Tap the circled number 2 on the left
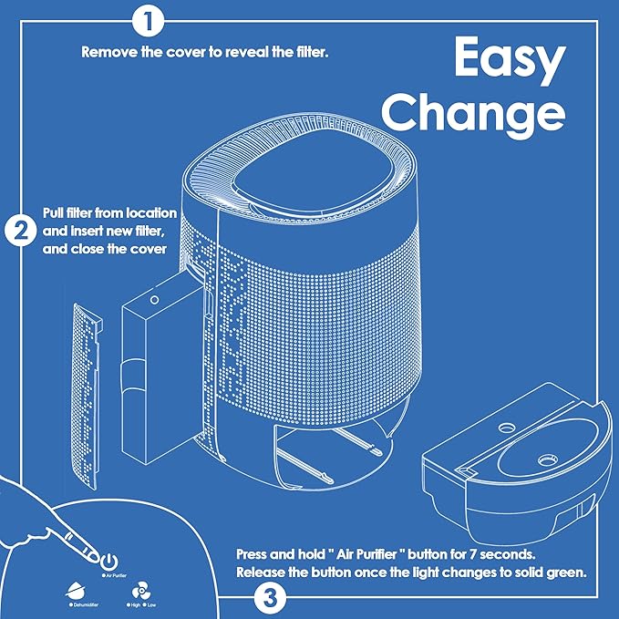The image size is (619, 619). pos(20,231)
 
